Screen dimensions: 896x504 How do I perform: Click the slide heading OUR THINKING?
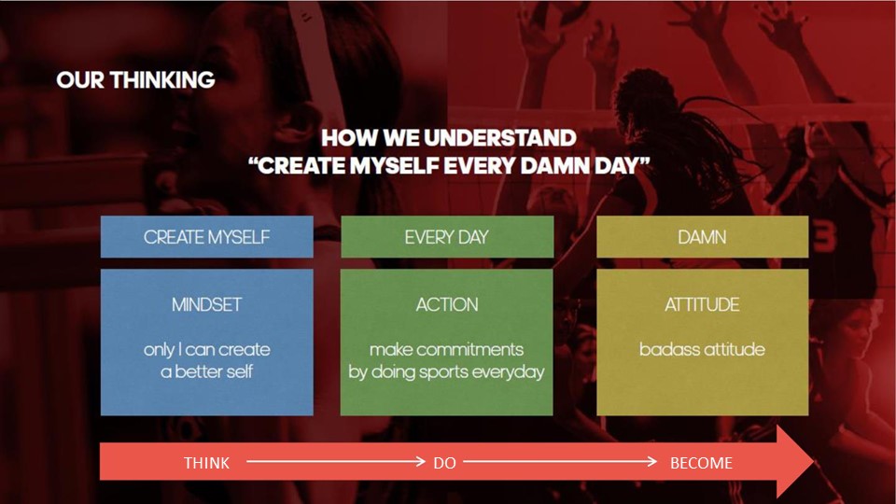[135, 80]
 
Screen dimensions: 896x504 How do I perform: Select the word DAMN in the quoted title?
[555, 166]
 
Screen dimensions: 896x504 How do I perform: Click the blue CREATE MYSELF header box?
[207, 236]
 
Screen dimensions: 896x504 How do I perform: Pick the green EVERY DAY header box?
[447, 236]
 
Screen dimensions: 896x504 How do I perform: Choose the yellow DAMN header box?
[702, 236]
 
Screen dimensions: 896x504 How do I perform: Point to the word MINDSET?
[207, 304]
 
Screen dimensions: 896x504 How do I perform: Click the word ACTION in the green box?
[447, 304]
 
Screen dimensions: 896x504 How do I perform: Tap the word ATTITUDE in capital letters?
[702, 304]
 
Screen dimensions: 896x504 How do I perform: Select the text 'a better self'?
[207, 372]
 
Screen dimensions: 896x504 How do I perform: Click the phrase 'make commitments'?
[446, 349]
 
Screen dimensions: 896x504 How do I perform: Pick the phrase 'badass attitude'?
[702, 349]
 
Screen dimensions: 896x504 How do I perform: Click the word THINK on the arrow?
[207, 463]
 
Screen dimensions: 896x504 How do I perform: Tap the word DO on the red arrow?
[444, 463]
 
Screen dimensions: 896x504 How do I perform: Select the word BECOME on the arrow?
[701, 463]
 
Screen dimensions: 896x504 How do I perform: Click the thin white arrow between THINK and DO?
[336, 461]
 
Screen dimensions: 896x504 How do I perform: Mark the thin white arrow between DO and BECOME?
[560, 461]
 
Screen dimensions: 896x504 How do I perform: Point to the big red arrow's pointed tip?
[814, 461]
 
